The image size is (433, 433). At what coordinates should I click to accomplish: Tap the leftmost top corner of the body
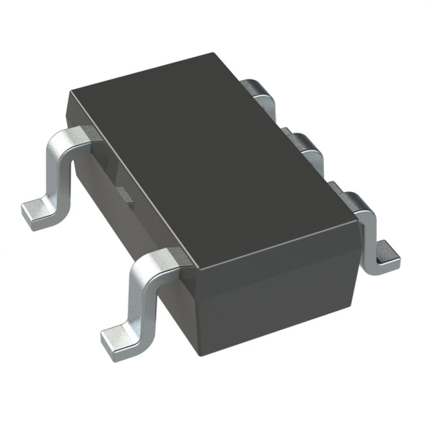click(x=69, y=92)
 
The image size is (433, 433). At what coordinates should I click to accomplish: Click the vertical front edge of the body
click(x=196, y=314)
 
